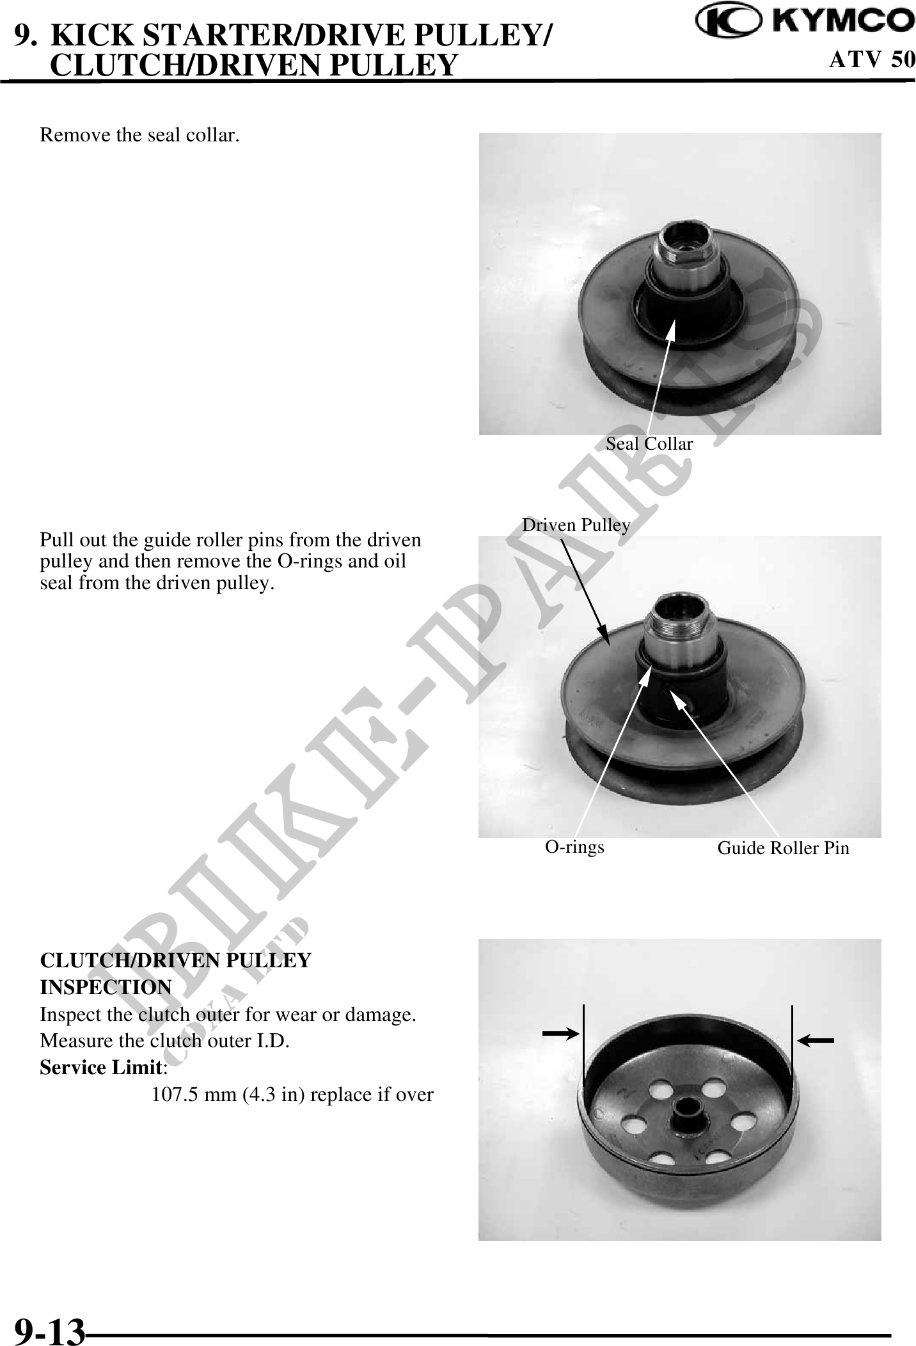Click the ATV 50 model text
871,59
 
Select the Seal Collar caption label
649,444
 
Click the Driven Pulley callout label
576,525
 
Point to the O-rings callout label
574,847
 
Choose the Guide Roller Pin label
784,848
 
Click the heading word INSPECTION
106,987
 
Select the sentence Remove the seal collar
140,136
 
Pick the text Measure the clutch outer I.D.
164,1041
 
